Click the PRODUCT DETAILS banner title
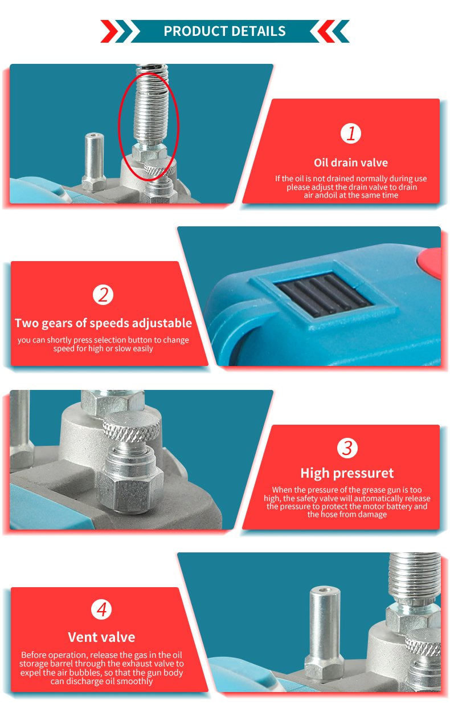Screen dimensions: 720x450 pos(224,31)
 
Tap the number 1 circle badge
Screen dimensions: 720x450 pos(351,133)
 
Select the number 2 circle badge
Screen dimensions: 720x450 pos(103,295)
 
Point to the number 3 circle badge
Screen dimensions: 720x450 pos(347,448)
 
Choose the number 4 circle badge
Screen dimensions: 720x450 pos(101,610)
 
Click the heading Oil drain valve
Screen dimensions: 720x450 pos(350,163)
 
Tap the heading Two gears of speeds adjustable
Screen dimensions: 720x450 pos(103,323)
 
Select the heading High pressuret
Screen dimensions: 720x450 pos(347,473)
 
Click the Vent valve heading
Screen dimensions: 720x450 pos(101,637)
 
